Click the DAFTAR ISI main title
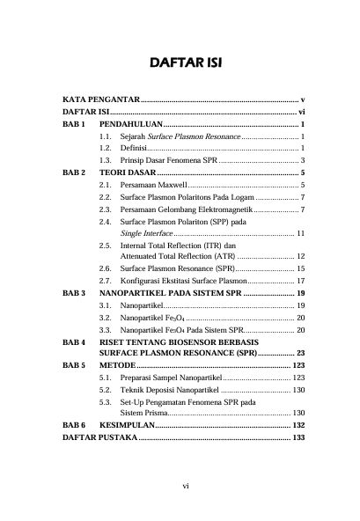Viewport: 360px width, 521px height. (180, 64)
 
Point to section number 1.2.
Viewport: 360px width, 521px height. (106, 150)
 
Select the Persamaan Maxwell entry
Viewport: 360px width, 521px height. (155, 187)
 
